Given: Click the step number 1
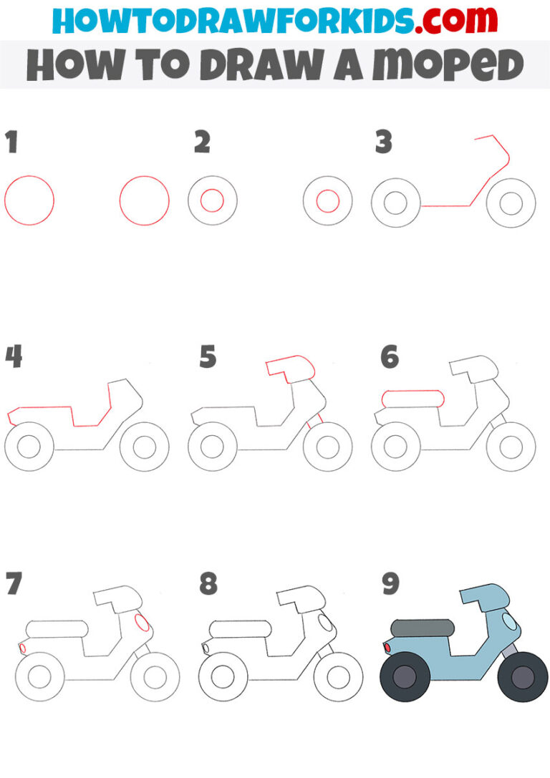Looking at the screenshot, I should [x=11, y=143].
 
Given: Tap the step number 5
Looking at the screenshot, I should [x=207, y=356].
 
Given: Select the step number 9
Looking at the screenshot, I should [x=390, y=584].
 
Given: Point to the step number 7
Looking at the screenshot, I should [x=13, y=585].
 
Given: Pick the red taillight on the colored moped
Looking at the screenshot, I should [x=387, y=648].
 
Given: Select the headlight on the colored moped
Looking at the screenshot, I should [x=510, y=621].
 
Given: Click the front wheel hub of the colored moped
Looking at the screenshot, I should [x=523, y=677].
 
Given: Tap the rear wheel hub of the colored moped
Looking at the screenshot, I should [x=405, y=677].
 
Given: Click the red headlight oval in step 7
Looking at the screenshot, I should [x=142, y=623].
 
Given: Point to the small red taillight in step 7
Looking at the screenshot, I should [x=22, y=648].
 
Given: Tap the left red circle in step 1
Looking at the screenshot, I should [x=29, y=200].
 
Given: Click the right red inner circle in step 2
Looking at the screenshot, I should [x=328, y=201].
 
